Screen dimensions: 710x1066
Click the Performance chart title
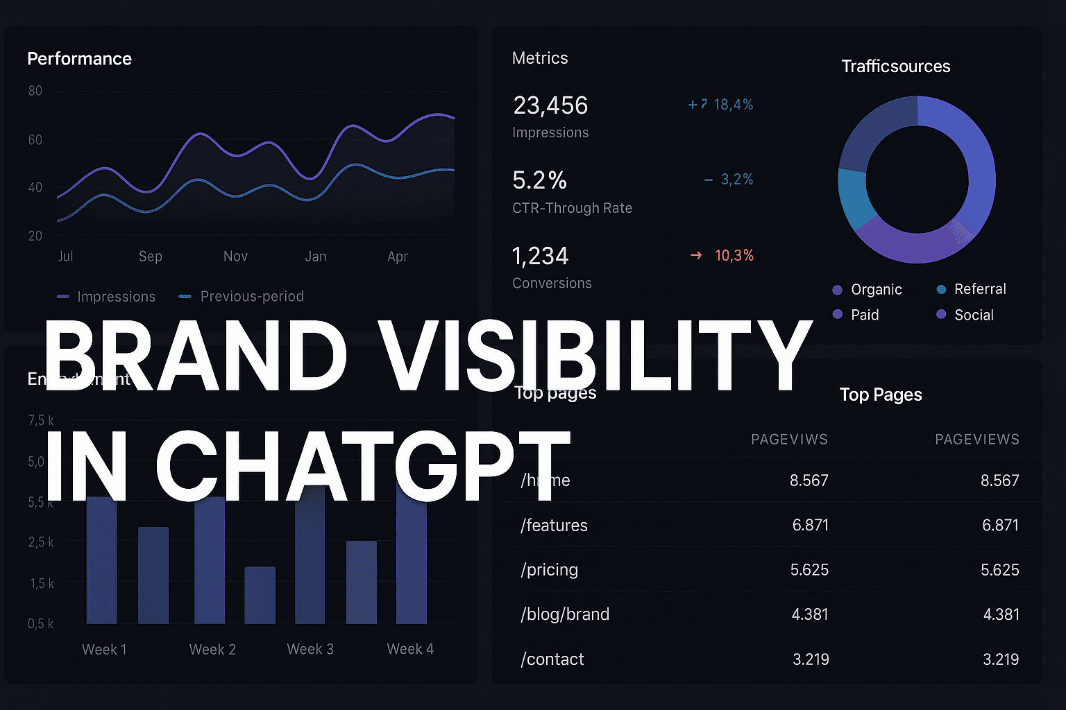click(x=79, y=59)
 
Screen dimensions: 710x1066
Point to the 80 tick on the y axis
click(x=35, y=91)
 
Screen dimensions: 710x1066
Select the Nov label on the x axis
click(x=235, y=257)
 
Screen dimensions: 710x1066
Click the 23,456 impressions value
click(x=550, y=105)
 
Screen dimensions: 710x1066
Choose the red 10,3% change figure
click(x=734, y=256)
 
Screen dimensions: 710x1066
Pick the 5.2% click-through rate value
click(x=539, y=180)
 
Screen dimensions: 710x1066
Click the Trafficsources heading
click(x=895, y=67)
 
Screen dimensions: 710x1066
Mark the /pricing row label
click(x=549, y=570)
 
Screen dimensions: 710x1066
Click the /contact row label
click(x=552, y=659)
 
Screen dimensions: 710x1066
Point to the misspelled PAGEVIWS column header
click(x=789, y=440)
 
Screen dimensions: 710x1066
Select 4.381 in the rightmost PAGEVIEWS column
click(x=1001, y=614)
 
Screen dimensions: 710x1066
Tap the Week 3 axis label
click(x=310, y=650)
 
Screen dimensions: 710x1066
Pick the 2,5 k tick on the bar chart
click(x=41, y=542)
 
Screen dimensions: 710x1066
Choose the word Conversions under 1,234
click(x=552, y=284)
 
